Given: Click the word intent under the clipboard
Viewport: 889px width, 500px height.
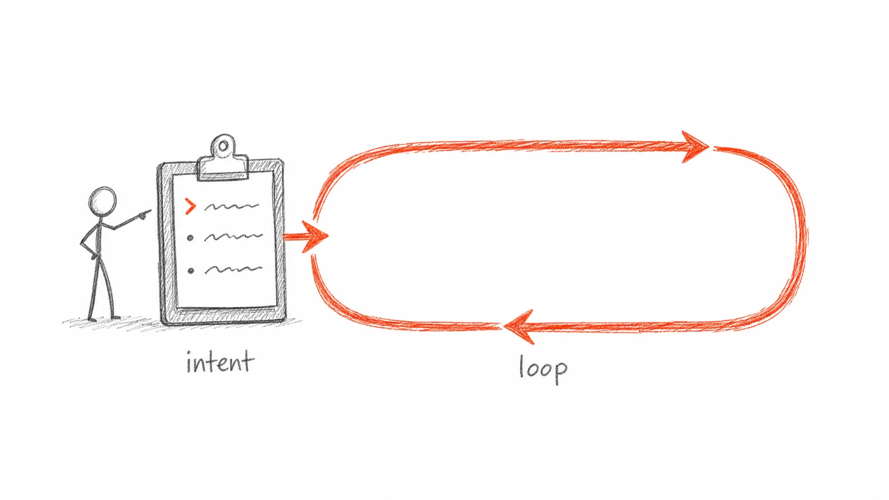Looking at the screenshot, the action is pyautogui.click(x=219, y=362).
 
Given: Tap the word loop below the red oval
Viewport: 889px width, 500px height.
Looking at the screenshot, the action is pyautogui.click(x=543, y=369).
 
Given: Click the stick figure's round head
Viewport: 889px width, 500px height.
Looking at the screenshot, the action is pyautogui.click(x=102, y=201).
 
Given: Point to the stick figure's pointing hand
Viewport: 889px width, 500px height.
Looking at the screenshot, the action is pyautogui.click(x=144, y=214).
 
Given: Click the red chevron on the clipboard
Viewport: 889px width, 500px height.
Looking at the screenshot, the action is pyautogui.click(x=191, y=206).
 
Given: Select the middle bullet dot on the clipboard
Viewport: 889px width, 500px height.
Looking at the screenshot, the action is pyautogui.click(x=190, y=238).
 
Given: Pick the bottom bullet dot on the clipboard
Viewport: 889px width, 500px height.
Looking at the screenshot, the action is pyautogui.click(x=191, y=271).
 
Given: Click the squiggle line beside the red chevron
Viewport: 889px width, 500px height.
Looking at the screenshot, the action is pyautogui.click(x=232, y=206).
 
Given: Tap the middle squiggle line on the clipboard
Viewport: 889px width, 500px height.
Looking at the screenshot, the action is pyautogui.click(x=233, y=237).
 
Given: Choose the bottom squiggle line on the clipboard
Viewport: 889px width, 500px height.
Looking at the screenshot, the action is pyautogui.click(x=233, y=270).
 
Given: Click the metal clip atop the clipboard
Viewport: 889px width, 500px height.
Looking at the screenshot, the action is pyautogui.click(x=223, y=159).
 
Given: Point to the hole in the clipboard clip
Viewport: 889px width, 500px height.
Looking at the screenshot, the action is pyautogui.click(x=223, y=147).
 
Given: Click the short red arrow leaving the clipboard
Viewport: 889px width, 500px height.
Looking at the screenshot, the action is pyautogui.click(x=306, y=237).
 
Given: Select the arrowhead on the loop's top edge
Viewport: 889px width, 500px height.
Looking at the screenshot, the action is pyautogui.click(x=695, y=147).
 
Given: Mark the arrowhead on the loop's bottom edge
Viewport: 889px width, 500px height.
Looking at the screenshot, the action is pyautogui.click(x=518, y=327).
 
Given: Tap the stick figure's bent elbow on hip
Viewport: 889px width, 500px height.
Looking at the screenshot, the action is pyautogui.click(x=84, y=243).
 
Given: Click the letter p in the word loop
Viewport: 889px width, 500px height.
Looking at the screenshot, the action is pyautogui.click(x=561, y=372).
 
